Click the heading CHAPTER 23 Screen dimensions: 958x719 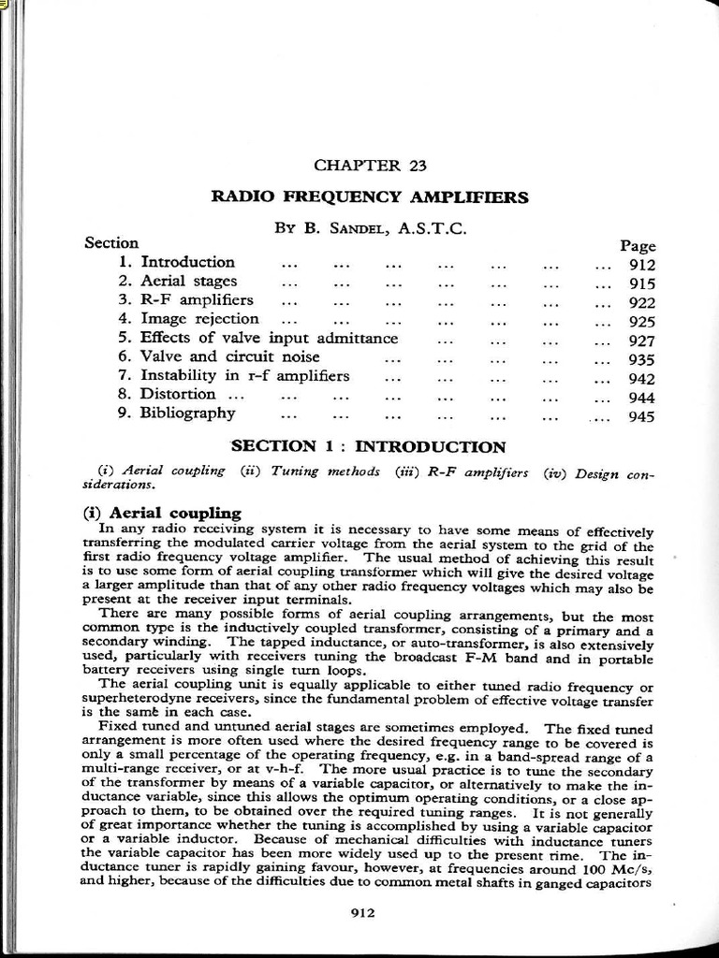pyautogui.click(x=370, y=166)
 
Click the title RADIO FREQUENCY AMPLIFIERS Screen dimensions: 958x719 pyautogui.click(x=370, y=197)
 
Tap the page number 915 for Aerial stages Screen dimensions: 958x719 pyautogui.click(x=642, y=283)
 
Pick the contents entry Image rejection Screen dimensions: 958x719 pyautogui.click(x=199, y=318)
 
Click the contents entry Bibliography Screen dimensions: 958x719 pyautogui.click(x=187, y=413)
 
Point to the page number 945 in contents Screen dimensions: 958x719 pyautogui.click(x=642, y=417)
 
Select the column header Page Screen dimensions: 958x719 pyautogui.click(x=638, y=246)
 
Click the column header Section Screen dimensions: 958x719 pyautogui.click(x=111, y=243)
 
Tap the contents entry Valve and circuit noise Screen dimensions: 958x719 pyautogui.click(x=229, y=356)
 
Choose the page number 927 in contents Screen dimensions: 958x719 pyautogui.click(x=642, y=341)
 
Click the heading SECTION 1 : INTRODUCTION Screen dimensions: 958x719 pyautogui.click(x=368, y=447)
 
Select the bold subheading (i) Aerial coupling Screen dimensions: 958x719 pyautogui.click(x=162, y=513)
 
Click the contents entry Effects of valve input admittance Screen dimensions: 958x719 pyautogui.click(x=269, y=338)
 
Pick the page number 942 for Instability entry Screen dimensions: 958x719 pyautogui.click(x=642, y=379)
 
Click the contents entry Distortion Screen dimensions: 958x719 pyautogui.click(x=178, y=394)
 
